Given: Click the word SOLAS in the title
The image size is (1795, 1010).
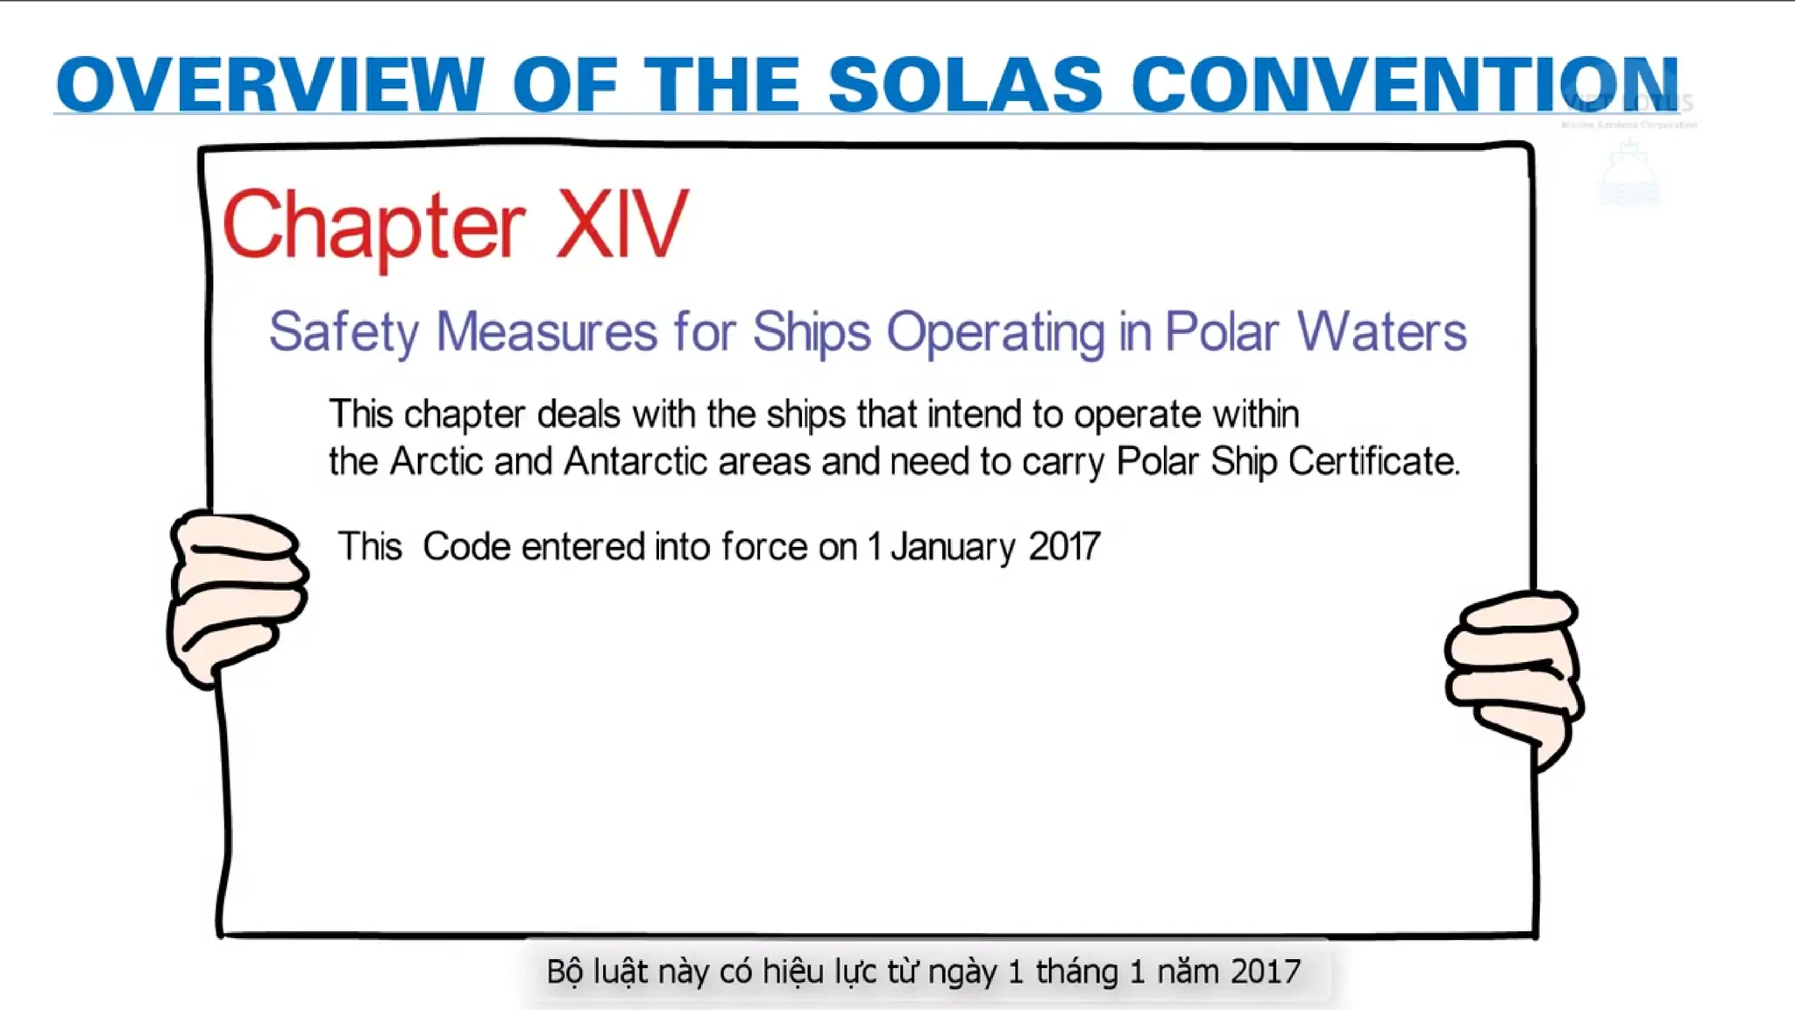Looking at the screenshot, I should [x=964, y=85].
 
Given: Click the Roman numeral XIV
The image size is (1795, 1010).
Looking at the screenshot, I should [x=622, y=225].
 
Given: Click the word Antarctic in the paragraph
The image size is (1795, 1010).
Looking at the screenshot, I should [x=635, y=461].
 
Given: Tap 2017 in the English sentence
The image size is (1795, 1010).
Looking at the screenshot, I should [x=1064, y=547].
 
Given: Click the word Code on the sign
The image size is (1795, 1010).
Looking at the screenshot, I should [x=466, y=547].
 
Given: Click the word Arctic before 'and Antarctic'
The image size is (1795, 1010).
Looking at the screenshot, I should [x=436, y=461].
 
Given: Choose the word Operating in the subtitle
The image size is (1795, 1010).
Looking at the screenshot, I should [x=996, y=333].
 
